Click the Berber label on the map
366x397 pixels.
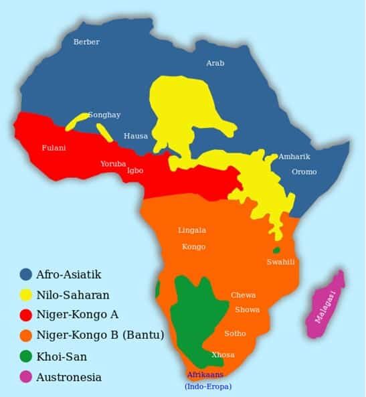click(86, 42)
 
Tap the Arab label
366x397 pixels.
click(215, 63)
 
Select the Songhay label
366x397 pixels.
click(104, 115)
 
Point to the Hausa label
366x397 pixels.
click(136, 136)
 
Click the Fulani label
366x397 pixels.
click(54, 148)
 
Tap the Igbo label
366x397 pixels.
click(135, 170)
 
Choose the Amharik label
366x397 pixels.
click(294, 157)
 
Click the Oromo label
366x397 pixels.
click(304, 172)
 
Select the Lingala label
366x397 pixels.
click(192, 230)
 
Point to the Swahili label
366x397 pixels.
click(280, 262)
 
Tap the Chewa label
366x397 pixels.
click(243, 295)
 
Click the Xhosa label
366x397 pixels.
click(223, 354)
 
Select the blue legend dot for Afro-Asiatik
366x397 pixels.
click(26, 274)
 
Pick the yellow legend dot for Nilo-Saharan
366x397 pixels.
click(26, 295)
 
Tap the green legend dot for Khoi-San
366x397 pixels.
click(26, 356)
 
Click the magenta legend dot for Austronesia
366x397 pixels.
click(26, 377)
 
